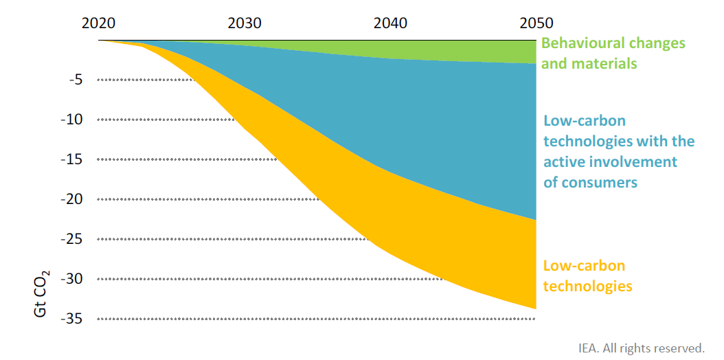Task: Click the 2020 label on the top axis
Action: click(98, 23)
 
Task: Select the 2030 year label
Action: click(245, 23)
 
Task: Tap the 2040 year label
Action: click(390, 23)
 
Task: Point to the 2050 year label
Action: click(536, 23)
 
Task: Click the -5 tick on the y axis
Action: click(76, 80)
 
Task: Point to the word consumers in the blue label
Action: click(600, 183)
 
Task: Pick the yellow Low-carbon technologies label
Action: click(587, 275)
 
